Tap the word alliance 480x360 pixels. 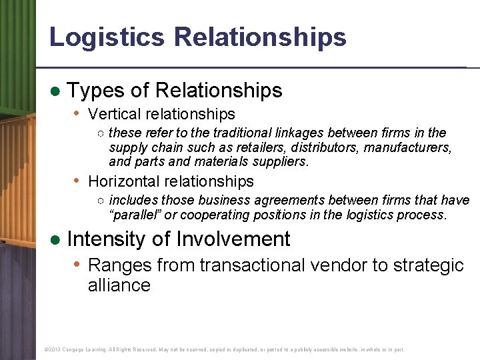pyautogui.click(x=119, y=285)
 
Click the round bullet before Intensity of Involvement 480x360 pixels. pyautogui.click(x=56, y=240)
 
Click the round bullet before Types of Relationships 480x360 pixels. pyautogui.click(x=56, y=91)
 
